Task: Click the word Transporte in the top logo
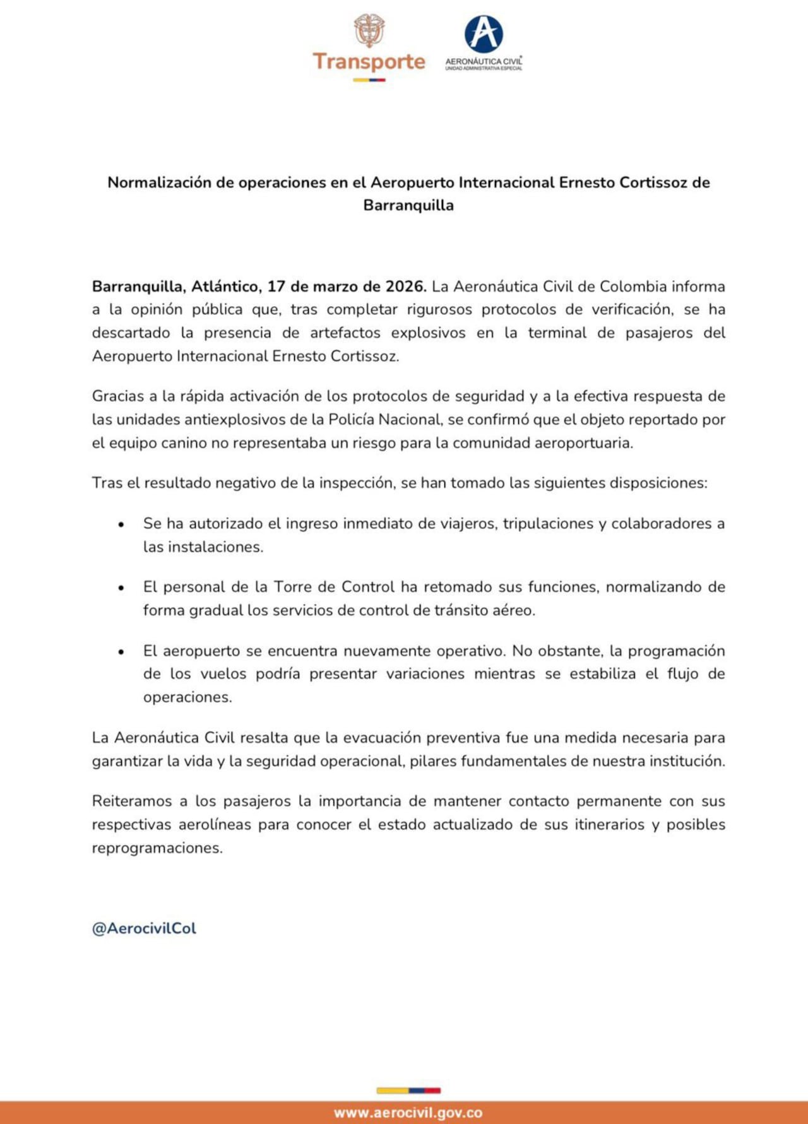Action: [x=369, y=61]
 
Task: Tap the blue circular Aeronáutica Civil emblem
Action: [x=484, y=34]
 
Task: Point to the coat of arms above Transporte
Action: [x=369, y=30]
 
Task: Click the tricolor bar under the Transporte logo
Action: [x=369, y=80]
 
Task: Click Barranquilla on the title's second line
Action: [x=408, y=205]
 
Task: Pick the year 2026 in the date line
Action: [x=405, y=287]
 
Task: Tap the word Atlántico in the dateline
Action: [x=226, y=287]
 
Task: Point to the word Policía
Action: [x=351, y=420]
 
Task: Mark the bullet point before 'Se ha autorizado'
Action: [x=121, y=524]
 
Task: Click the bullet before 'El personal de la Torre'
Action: [x=121, y=588]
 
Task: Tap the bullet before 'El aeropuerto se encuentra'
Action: [x=121, y=651]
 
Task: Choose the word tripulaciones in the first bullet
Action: [x=549, y=524]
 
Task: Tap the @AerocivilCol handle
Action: [x=144, y=928]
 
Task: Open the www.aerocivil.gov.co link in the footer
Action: [x=408, y=1113]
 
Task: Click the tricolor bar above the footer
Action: [x=408, y=1091]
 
